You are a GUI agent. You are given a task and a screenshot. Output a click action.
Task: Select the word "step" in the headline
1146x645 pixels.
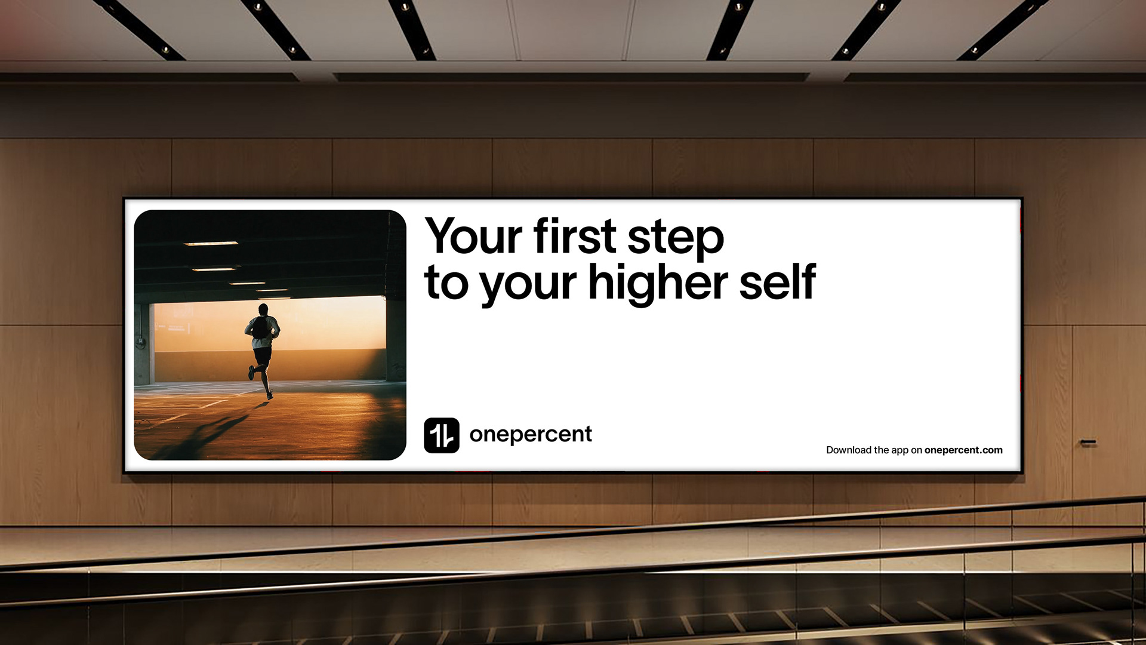[676, 239]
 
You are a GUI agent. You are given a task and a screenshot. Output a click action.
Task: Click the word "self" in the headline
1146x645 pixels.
[777, 281]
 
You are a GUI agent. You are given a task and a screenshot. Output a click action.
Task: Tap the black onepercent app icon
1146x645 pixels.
[442, 435]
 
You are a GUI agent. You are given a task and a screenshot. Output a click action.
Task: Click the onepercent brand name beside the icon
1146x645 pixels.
[531, 435]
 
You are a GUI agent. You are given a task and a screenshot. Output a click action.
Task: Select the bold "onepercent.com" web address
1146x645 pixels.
[963, 450]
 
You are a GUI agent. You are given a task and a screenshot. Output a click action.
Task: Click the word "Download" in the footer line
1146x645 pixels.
[849, 450]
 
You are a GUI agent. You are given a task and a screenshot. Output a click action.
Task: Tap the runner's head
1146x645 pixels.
[263, 309]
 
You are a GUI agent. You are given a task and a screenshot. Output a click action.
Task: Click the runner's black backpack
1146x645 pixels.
[260, 327]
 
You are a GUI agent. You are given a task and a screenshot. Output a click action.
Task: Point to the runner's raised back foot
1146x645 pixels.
[251, 373]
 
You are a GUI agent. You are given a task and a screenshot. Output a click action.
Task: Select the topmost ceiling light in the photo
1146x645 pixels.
[211, 244]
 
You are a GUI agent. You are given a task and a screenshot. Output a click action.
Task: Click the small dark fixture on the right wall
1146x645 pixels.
[1088, 443]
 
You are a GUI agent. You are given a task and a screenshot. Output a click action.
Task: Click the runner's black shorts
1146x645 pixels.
[262, 355]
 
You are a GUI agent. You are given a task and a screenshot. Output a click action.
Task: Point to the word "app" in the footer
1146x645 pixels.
[899, 451]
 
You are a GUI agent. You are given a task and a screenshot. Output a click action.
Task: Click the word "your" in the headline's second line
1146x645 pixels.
[528, 286]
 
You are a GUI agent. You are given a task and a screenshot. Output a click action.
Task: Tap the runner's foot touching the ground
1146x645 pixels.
[270, 395]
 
